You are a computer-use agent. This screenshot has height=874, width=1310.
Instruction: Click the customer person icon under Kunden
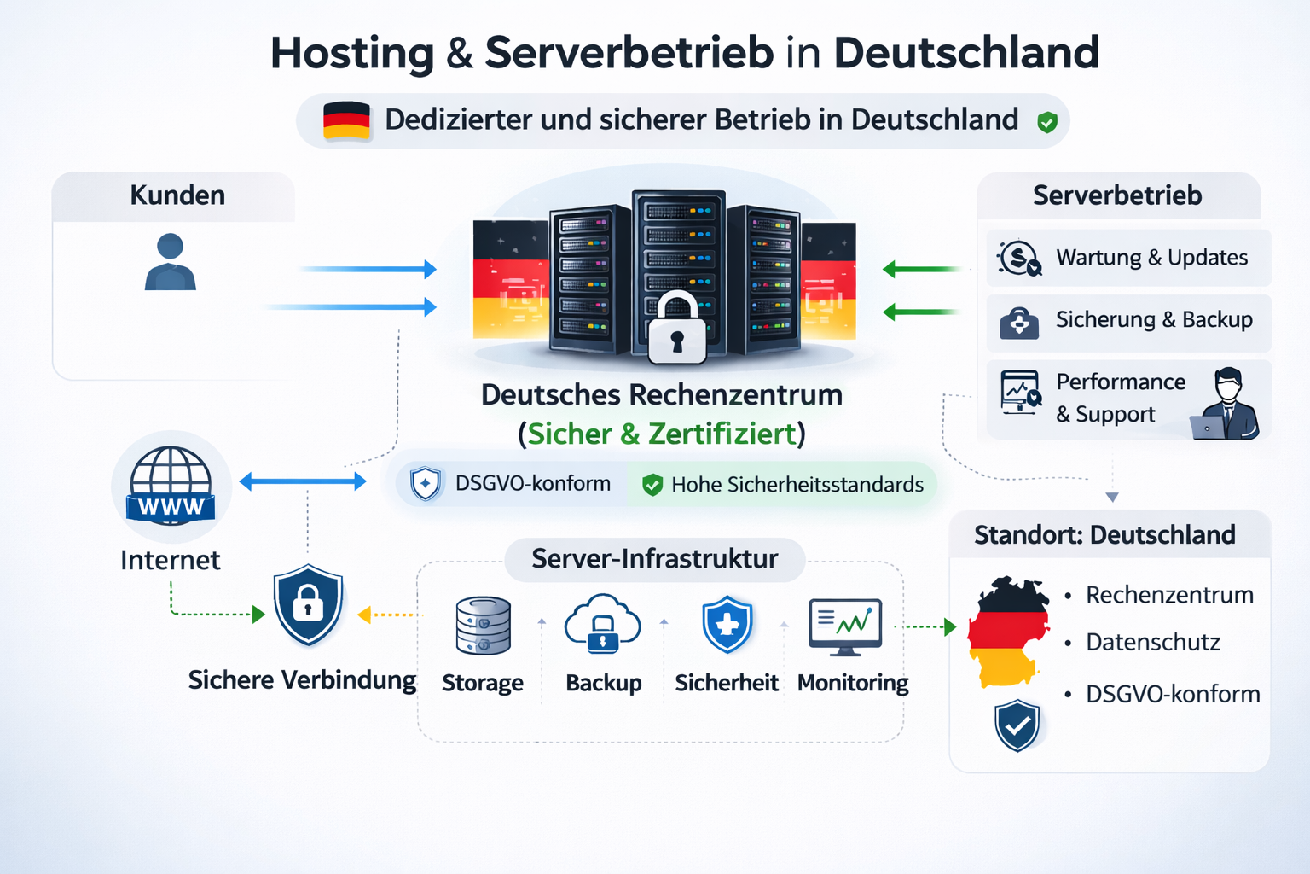171,262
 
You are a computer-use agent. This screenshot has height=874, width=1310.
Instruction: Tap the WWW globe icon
171,486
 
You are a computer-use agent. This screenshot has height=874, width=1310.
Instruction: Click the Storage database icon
484,626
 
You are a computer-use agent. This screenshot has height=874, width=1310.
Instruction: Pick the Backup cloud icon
603,624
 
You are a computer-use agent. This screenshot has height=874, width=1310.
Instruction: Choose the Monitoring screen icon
845,626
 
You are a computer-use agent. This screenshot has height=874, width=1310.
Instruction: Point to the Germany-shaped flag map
1009,632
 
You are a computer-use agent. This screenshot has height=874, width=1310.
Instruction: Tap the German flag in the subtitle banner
346,121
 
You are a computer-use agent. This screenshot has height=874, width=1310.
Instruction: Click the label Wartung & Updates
1151,258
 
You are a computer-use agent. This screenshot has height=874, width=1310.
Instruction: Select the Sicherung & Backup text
1154,320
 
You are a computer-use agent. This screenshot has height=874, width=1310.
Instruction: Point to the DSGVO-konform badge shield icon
426,484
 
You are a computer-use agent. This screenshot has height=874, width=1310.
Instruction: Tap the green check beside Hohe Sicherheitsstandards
652,485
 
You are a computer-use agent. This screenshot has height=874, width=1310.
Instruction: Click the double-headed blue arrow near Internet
303,482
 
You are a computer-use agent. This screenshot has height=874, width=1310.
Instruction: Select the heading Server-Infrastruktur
654,559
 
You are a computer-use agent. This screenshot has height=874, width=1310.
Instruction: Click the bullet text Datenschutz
1152,643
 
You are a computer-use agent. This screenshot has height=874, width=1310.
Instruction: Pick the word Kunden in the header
177,195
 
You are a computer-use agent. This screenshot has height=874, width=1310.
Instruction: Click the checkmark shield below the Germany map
1017,725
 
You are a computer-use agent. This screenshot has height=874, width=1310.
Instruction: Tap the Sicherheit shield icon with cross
727,625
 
